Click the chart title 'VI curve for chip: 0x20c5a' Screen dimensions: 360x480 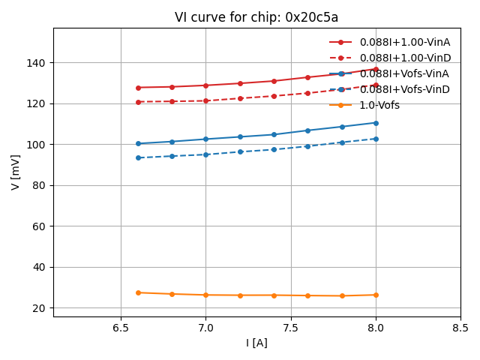[x=256, y=17]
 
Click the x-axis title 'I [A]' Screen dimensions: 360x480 [x=256, y=343]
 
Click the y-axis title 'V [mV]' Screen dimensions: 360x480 [x=16, y=172]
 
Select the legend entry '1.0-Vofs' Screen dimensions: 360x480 [x=379, y=105]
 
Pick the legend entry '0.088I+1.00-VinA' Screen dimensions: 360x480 [x=404, y=42]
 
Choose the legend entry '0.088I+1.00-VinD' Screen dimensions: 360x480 [x=404, y=58]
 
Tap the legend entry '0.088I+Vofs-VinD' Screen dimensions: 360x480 [x=404, y=89]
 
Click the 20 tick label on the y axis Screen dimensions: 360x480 [x=39, y=308]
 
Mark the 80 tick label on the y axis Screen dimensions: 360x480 [x=39, y=185]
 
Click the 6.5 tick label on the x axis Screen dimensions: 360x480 [x=121, y=328]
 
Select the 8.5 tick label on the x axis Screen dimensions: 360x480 [x=460, y=328]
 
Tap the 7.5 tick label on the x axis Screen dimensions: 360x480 [x=291, y=328]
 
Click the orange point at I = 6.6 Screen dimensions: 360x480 [x=138, y=292]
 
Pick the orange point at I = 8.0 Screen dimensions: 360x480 [x=376, y=295]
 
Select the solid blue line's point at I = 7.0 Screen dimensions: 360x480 [x=206, y=139]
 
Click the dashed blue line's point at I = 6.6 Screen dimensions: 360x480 [x=138, y=157]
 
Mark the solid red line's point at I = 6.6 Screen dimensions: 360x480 [x=138, y=88]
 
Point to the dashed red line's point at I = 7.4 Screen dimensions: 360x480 [x=274, y=96]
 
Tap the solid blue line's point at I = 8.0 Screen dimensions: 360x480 [x=376, y=123]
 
